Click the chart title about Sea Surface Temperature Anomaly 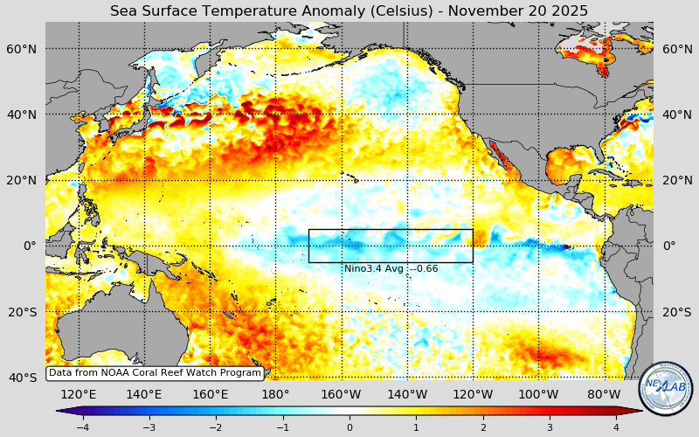click(x=349, y=10)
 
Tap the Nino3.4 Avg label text click(x=391, y=268)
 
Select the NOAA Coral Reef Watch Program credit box click(x=155, y=372)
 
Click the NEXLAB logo click(x=666, y=388)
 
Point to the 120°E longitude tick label click(x=79, y=394)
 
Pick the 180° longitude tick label click(x=276, y=394)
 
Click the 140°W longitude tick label click(x=407, y=394)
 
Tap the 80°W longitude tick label click(x=604, y=394)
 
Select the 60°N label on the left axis click(x=24, y=49)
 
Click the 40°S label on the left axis click(x=24, y=377)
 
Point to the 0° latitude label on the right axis click(x=669, y=246)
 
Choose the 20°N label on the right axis click(x=677, y=180)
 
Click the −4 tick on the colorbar click(x=82, y=427)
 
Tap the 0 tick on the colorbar click(x=349, y=427)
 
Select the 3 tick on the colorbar click(x=550, y=427)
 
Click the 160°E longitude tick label click(x=210, y=394)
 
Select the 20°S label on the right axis click(x=677, y=312)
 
